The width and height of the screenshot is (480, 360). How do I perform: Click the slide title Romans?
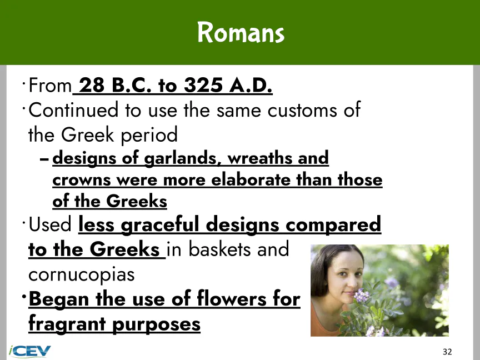click(x=241, y=32)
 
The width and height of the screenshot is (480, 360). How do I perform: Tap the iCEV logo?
click(x=29, y=351)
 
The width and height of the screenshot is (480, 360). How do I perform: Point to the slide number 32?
click(x=447, y=352)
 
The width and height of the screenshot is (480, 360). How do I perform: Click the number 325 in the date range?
click(x=203, y=85)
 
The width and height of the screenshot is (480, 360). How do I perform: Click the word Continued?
click(x=73, y=110)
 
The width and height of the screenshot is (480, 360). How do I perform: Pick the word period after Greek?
click(x=149, y=135)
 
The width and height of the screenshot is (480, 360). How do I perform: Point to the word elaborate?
click(x=251, y=179)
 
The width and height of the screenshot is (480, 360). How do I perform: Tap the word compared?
click(x=333, y=226)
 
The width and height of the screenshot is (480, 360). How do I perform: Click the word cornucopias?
click(x=82, y=275)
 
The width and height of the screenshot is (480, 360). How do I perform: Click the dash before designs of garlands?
click(x=44, y=159)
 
